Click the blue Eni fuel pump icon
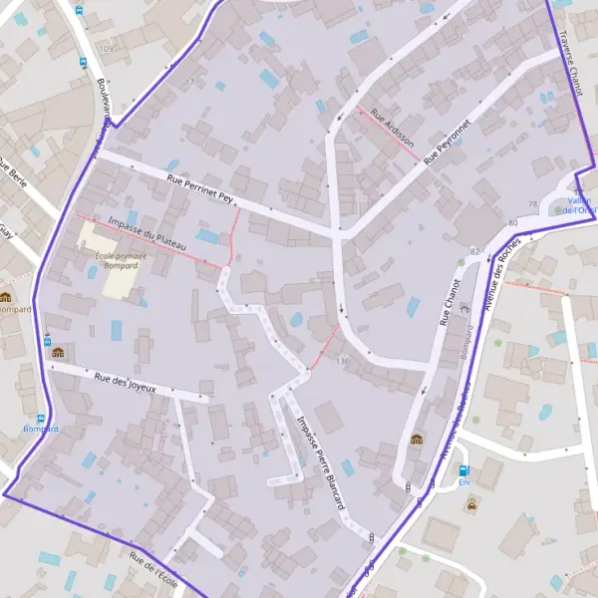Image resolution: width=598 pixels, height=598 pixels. click(x=462, y=470)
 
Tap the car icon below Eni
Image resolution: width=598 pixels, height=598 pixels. click(x=469, y=503)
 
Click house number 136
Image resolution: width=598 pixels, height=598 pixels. click(x=344, y=360)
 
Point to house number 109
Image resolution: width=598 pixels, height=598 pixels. click(x=106, y=49)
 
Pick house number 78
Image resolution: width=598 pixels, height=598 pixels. click(x=532, y=204)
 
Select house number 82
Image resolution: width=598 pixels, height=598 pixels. click(x=474, y=250)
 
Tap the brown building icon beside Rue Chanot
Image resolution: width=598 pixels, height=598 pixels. click(x=416, y=439)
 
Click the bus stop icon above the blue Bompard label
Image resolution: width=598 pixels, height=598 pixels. click(x=41, y=418)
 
